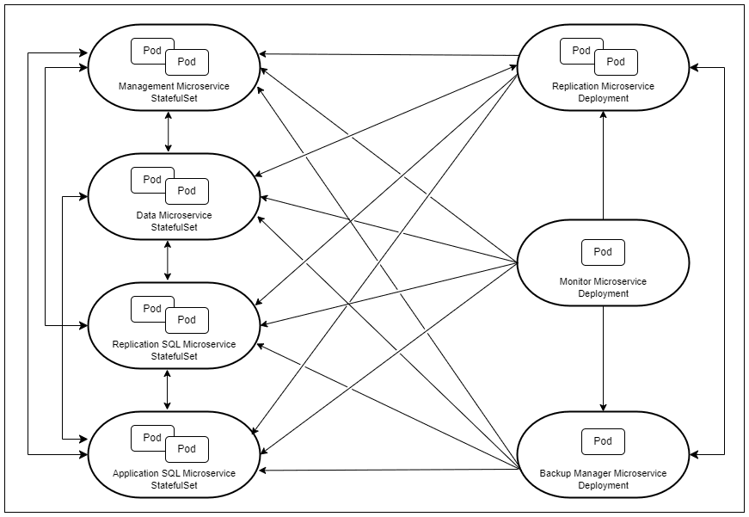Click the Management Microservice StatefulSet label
click(x=174, y=92)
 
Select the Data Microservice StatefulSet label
click(x=174, y=221)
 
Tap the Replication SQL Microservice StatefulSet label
click(x=174, y=350)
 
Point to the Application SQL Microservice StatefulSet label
click(x=174, y=479)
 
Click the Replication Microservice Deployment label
click(x=603, y=92)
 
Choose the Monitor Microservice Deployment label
click(x=603, y=287)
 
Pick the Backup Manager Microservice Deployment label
click(x=603, y=479)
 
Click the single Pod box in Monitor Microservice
click(x=603, y=252)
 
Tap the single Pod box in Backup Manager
click(x=603, y=441)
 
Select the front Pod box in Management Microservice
click(x=187, y=62)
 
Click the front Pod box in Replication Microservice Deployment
click(x=616, y=62)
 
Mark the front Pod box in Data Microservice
click(x=187, y=191)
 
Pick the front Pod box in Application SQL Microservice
click(x=187, y=449)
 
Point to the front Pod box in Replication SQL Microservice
click(x=187, y=320)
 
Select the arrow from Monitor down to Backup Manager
click(x=603, y=357)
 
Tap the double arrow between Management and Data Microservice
click(x=168, y=132)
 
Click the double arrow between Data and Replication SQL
click(x=168, y=261)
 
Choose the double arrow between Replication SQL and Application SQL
click(x=168, y=390)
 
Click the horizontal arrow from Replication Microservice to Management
click(x=387, y=54)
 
